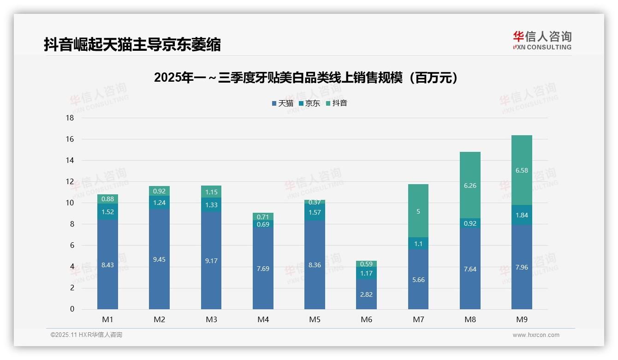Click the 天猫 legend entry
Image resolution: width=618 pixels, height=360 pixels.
[282, 103]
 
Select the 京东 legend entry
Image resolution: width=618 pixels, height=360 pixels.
[309, 103]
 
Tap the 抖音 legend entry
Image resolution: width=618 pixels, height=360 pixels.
[337, 103]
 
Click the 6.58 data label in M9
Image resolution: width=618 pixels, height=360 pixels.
[522, 170]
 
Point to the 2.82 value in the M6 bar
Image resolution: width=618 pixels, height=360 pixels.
[366, 294]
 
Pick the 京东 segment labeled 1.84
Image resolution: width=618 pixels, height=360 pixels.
[522, 215]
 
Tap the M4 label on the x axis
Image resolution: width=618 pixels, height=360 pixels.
[263, 319]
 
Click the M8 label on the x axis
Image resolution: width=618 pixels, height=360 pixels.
[470, 319]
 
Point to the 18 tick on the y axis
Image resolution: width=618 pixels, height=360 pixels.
[70, 118]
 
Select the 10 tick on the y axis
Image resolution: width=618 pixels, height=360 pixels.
[70, 203]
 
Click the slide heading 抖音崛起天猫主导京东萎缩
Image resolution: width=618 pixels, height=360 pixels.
[132, 45]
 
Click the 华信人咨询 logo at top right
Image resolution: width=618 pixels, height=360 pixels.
[542, 41]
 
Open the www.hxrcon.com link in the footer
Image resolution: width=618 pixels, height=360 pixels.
[535, 335]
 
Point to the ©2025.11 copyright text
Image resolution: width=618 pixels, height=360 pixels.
[86, 335]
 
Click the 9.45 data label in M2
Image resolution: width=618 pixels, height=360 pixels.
[159, 260]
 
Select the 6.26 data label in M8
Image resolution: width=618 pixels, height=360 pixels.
[470, 186]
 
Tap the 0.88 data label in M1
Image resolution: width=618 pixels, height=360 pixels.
[107, 199]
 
